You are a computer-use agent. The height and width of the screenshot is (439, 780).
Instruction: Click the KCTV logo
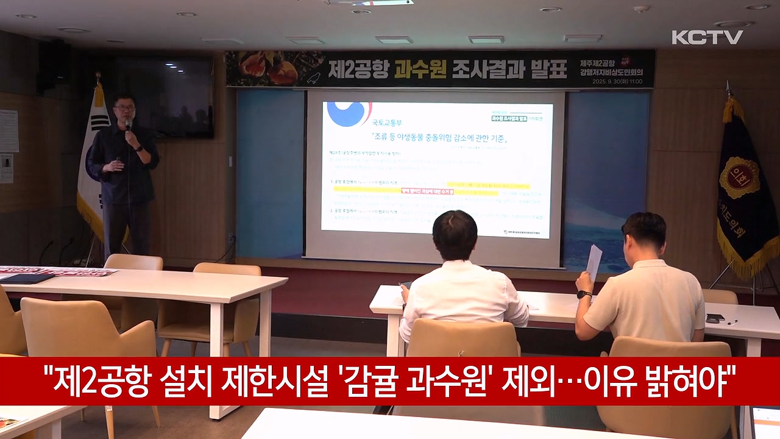[x=707, y=37]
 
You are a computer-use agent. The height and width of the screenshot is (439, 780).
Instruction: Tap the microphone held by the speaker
[x=128, y=125]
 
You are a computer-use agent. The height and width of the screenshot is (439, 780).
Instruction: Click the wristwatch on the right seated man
[x=584, y=294]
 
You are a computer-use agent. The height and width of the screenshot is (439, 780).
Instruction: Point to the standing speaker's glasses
[x=125, y=107]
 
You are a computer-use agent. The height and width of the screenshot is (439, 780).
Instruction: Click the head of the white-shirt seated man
[x=455, y=235]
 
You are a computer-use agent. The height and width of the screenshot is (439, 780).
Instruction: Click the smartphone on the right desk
[x=714, y=318]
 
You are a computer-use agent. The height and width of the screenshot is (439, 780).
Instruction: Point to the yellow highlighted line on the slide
[x=487, y=185]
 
